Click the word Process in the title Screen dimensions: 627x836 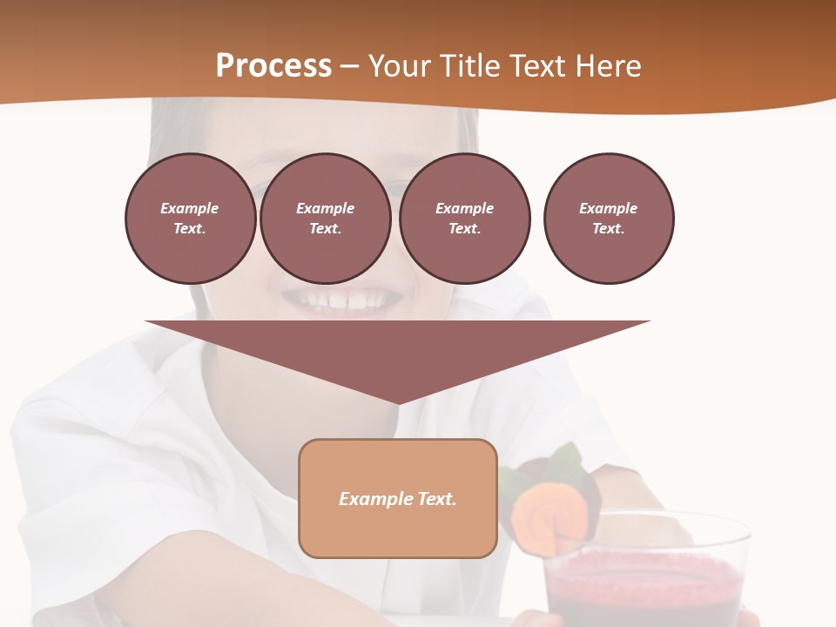[x=273, y=66]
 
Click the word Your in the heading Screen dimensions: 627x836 [x=400, y=66]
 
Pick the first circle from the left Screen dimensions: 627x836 [x=190, y=219]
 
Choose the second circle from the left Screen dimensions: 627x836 [x=325, y=219]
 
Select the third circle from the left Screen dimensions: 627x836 [x=464, y=219]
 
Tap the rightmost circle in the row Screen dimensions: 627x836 [x=608, y=219]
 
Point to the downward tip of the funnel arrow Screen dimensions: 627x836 [x=398, y=401]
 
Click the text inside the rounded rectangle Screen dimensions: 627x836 [x=398, y=499]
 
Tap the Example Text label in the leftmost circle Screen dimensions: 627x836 [x=190, y=219]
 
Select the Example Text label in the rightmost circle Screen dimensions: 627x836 [x=608, y=219]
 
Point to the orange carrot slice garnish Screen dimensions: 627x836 [x=540, y=517]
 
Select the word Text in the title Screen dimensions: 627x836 [x=536, y=66]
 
